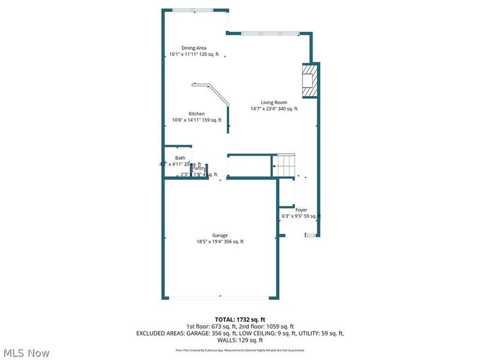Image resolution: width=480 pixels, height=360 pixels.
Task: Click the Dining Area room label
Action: point(194,47)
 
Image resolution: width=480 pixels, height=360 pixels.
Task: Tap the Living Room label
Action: point(274,102)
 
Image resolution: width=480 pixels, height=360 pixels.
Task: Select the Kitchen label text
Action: point(197,113)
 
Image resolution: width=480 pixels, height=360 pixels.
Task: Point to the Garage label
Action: point(220,235)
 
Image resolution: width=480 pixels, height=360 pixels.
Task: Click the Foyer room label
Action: point(301,210)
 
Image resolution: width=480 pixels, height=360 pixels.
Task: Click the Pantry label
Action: point(199,169)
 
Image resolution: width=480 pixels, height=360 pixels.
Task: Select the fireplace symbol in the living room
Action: point(309,80)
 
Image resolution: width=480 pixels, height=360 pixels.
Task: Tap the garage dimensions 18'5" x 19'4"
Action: point(220,242)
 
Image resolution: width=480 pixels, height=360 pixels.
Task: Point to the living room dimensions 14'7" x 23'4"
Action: point(274,109)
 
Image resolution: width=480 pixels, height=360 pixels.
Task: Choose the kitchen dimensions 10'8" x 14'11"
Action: point(197,120)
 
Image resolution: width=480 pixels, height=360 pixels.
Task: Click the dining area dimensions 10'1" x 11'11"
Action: point(194,54)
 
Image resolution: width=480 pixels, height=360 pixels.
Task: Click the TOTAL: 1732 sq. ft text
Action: point(240,319)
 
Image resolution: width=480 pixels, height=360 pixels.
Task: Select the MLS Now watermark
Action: point(26,353)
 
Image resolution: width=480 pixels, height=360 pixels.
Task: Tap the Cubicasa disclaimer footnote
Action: point(240,350)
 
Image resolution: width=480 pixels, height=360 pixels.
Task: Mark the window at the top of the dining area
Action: point(192,10)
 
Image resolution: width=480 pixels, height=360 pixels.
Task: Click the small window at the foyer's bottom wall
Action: point(310,236)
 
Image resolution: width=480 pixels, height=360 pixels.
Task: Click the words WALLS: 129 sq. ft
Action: point(240,340)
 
